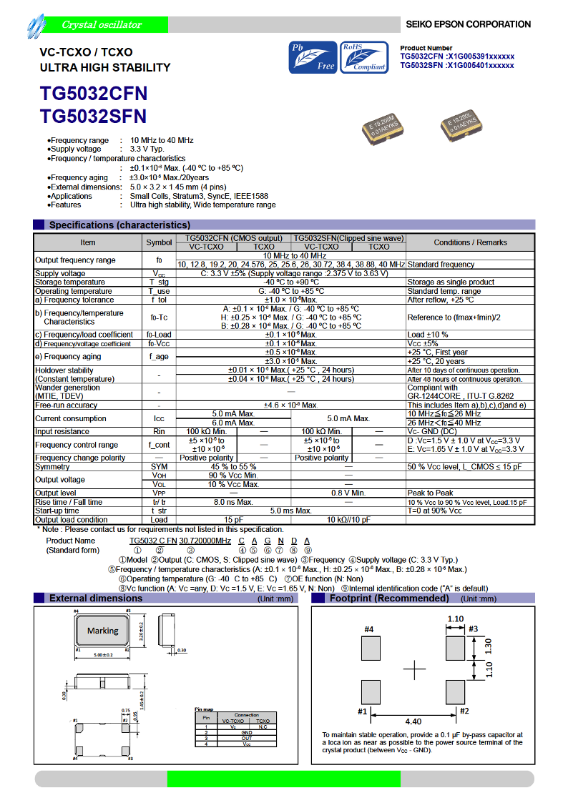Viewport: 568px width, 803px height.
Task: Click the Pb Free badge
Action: tap(311, 57)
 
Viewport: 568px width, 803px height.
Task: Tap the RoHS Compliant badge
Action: tap(364, 57)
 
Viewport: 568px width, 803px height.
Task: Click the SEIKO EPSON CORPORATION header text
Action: tap(468, 24)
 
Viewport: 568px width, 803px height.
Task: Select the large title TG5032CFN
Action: tap(94, 94)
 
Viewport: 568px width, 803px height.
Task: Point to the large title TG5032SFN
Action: tap(94, 117)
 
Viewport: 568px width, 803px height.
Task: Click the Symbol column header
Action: tap(159, 242)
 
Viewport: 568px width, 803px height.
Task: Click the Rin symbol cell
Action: tap(159, 431)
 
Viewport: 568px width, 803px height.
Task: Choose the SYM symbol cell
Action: tap(159, 466)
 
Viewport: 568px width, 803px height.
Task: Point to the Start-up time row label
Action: tap(57, 511)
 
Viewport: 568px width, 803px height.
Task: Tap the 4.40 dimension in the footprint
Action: tap(413, 721)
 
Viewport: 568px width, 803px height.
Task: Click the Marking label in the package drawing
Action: tap(102, 631)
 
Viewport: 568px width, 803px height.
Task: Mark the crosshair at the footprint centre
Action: tap(414, 670)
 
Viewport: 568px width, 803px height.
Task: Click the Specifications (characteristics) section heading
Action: tap(119, 225)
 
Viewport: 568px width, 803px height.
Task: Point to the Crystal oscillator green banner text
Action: tap(102, 25)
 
